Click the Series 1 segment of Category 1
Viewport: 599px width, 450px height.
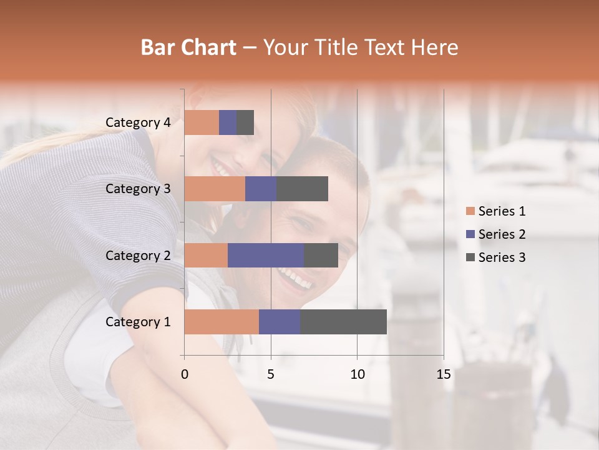coord(222,322)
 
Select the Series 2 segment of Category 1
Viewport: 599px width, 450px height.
coord(280,322)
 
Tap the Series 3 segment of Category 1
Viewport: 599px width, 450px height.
coord(343,322)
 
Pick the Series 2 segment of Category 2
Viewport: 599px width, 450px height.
coord(266,255)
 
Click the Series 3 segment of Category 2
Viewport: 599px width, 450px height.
coord(321,255)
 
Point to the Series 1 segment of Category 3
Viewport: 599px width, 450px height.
coord(215,189)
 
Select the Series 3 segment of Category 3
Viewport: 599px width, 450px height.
coord(302,189)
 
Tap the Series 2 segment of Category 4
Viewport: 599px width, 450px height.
coord(228,122)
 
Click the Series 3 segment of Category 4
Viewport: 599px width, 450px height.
coord(245,122)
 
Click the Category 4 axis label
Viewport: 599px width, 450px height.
coord(138,122)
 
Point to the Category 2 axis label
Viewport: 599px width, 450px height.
coord(138,256)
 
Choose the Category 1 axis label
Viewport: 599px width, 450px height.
coord(138,322)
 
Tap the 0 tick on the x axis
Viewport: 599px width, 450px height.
coord(185,374)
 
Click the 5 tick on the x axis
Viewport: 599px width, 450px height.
coord(271,374)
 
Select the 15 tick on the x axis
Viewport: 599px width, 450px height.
coord(443,374)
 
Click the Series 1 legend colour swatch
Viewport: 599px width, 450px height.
coord(470,211)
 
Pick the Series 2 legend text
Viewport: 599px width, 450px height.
coord(502,234)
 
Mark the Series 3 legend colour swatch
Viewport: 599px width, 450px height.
coord(470,257)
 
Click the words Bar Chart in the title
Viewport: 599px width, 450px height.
coord(188,47)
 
